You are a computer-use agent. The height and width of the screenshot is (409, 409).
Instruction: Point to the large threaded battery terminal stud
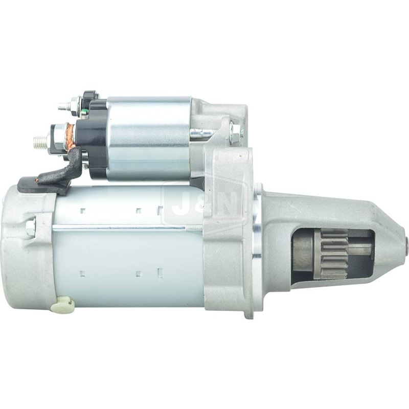pos(41,139)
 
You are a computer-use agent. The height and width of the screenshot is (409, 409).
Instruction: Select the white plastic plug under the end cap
pos(65,305)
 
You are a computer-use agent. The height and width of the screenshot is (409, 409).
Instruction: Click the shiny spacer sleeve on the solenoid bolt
pos(202,134)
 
